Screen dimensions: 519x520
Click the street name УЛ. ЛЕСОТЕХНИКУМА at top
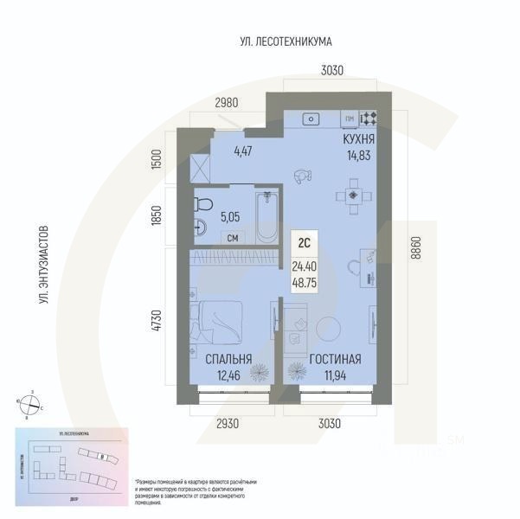[286, 42]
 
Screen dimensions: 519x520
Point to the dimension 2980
[226, 102]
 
